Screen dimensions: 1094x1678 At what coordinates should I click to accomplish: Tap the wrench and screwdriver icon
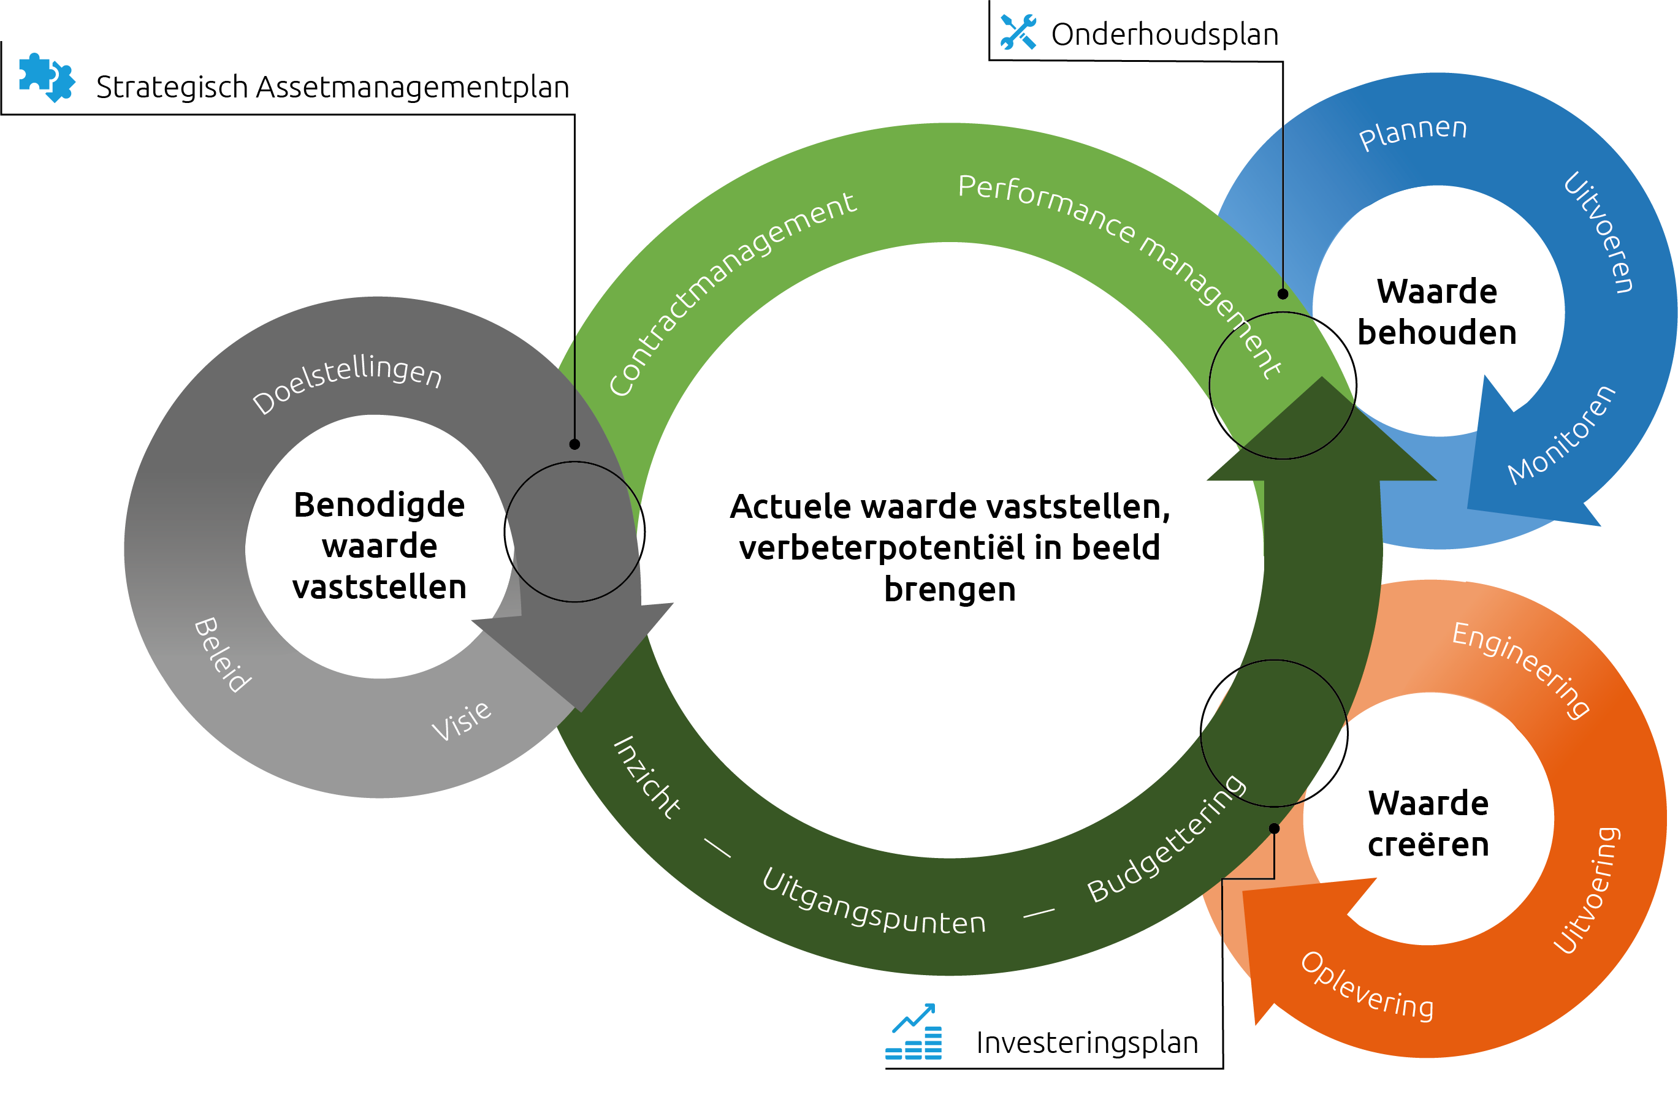(x=1018, y=32)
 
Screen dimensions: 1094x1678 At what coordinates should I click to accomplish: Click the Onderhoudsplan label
(x=1164, y=34)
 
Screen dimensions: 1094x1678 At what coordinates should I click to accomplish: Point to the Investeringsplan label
(x=1086, y=1043)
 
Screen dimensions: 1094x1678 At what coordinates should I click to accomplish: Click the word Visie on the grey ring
(x=462, y=720)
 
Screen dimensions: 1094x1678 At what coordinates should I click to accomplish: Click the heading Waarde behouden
(x=1437, y=311)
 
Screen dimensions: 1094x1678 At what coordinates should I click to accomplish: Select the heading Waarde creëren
(x=1428, y=823)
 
